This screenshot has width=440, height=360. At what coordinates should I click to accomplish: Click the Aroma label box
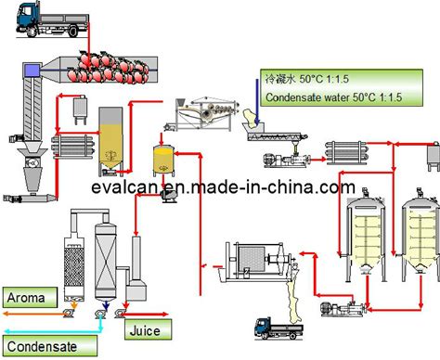[x=30, y=297]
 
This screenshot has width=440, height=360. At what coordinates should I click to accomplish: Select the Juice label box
[x=148, y=329]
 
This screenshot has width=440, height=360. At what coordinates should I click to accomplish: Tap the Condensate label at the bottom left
[x=50, y=346]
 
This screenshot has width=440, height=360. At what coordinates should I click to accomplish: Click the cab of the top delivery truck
[x=27, y=19]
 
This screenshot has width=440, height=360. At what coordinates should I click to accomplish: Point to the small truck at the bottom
[x=278, y=328]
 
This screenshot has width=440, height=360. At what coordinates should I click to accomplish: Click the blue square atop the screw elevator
[x=32, y=70]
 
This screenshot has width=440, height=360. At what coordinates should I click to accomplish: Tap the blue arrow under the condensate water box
[x=257, y=101]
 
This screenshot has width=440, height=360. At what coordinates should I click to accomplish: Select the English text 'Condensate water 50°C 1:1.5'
[x=333, y=97]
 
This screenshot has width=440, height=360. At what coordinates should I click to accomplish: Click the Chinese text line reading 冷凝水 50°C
[x=307, y=79]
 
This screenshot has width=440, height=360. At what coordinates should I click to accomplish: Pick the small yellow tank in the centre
[x=163, y=161]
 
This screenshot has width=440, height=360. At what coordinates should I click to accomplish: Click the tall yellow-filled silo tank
[x=110, y=138]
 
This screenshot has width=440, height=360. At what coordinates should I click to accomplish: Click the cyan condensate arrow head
[x=6, y=331]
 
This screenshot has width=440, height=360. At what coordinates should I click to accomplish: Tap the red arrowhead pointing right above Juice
[x=164, y=315]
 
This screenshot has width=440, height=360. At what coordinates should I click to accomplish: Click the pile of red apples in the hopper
[x=109, y=68]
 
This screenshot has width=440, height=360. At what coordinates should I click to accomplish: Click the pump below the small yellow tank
[x=168, y=196]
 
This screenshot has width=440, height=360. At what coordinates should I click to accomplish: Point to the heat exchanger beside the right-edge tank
[x=346, y=151]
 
